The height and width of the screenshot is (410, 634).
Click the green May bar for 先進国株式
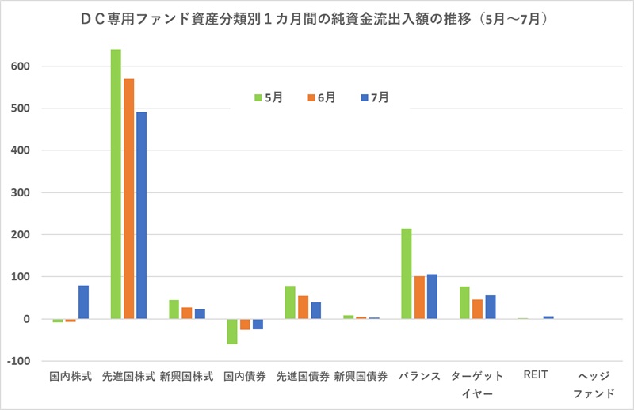click(x=116, y=184)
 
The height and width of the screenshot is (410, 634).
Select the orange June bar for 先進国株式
click(x=128, y=199)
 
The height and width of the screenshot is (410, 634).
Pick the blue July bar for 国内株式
click(x=83, y=302)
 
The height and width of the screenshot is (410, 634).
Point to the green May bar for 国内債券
click(x=232, y=332)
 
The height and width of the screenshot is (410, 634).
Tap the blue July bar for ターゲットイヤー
click(x=490, y=307)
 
